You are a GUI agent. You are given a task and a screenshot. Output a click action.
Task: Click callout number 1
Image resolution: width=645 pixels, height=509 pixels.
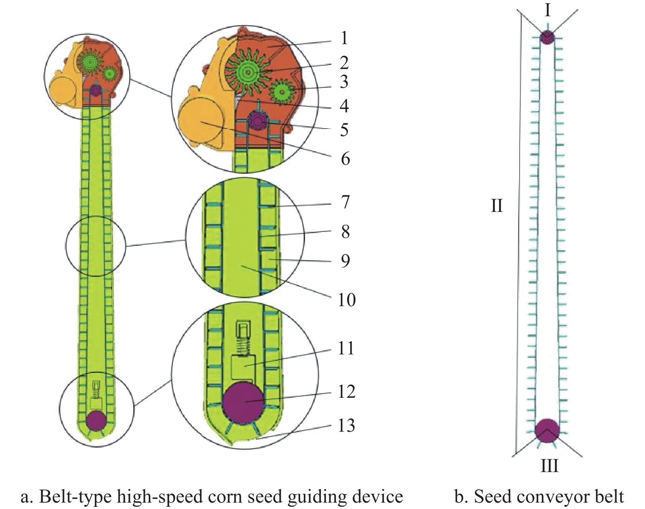[x=344, y=38]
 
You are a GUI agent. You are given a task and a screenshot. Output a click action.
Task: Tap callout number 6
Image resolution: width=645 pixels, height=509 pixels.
[x=345, y=159]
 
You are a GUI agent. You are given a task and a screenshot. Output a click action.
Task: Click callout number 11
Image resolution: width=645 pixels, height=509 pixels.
[x=346, y=349]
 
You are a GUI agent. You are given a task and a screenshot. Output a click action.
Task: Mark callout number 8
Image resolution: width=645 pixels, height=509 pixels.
[x=345, y=232]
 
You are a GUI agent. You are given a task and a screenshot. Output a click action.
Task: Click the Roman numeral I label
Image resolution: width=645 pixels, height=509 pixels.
[x=547, y=10]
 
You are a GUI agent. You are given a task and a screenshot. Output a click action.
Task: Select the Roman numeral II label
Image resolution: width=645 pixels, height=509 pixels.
[x=497, y=206]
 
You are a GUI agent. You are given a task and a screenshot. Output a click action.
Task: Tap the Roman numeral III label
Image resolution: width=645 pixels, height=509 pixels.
[x=549, y=466]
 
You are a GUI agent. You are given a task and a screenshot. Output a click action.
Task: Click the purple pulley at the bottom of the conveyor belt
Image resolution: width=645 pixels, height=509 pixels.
[x=547, y=430]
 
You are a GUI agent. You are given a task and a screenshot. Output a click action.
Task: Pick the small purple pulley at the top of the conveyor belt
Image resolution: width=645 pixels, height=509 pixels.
[x=547, y=37]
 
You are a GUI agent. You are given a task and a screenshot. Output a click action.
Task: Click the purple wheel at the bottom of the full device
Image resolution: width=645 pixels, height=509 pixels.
[x=96, y=421]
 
